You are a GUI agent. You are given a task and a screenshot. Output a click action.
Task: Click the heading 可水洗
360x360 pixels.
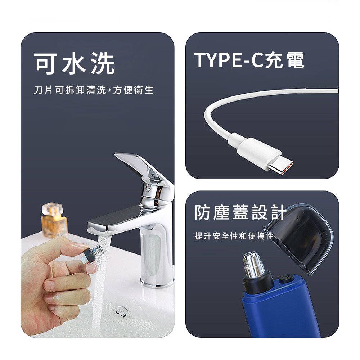75,63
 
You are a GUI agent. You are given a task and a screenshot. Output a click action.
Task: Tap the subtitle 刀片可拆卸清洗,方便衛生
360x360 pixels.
94,90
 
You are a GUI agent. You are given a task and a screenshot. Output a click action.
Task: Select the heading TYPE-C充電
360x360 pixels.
249,60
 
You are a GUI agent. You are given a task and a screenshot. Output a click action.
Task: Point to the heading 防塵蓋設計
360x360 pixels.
240,212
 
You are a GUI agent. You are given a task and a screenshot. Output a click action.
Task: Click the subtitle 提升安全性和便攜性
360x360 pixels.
234,236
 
